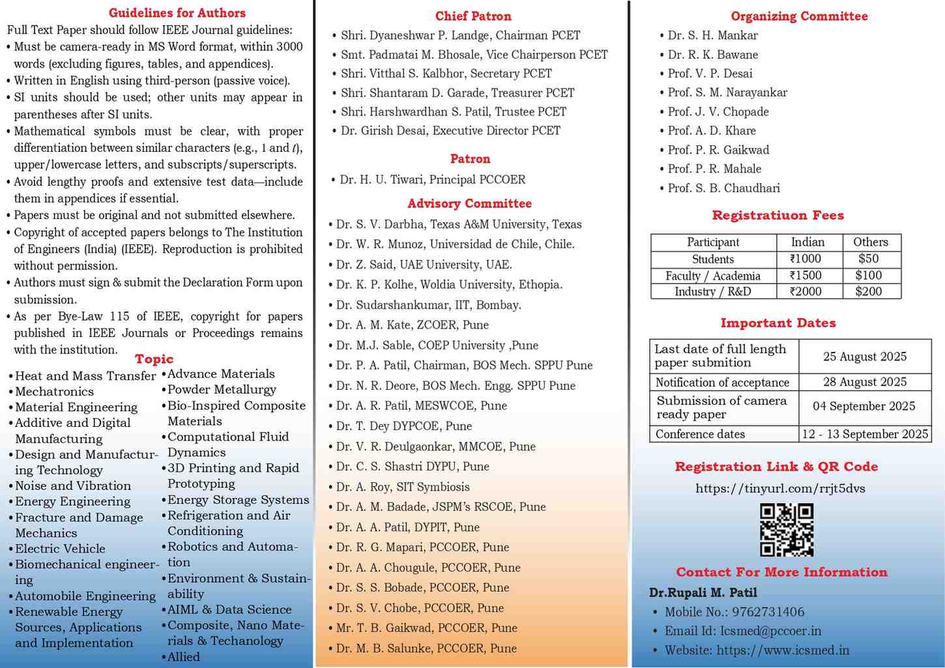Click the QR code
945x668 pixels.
point(787,529)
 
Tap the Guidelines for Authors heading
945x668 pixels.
point(177,13)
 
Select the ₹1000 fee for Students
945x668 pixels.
point(806,259)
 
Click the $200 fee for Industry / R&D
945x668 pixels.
point(869,291)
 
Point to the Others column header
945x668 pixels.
point(871,242)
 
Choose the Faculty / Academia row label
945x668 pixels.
point(712,276)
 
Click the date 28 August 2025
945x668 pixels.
point(864,382)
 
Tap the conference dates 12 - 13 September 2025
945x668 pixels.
point(864,434)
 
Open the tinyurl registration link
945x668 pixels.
point(780,488)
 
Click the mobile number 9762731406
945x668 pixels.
point(768,612)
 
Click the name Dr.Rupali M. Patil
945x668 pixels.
point(703,592)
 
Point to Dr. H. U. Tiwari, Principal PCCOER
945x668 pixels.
point(432,179)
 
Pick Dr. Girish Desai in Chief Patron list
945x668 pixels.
point(450,130)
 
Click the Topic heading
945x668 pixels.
point(154,358)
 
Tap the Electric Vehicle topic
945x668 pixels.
point(60,549)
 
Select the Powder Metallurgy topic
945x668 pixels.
point(222,390)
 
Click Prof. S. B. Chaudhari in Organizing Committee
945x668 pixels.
point(723,188)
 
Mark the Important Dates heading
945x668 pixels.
point(778,323)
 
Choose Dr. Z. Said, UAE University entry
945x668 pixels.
point(424,265)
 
